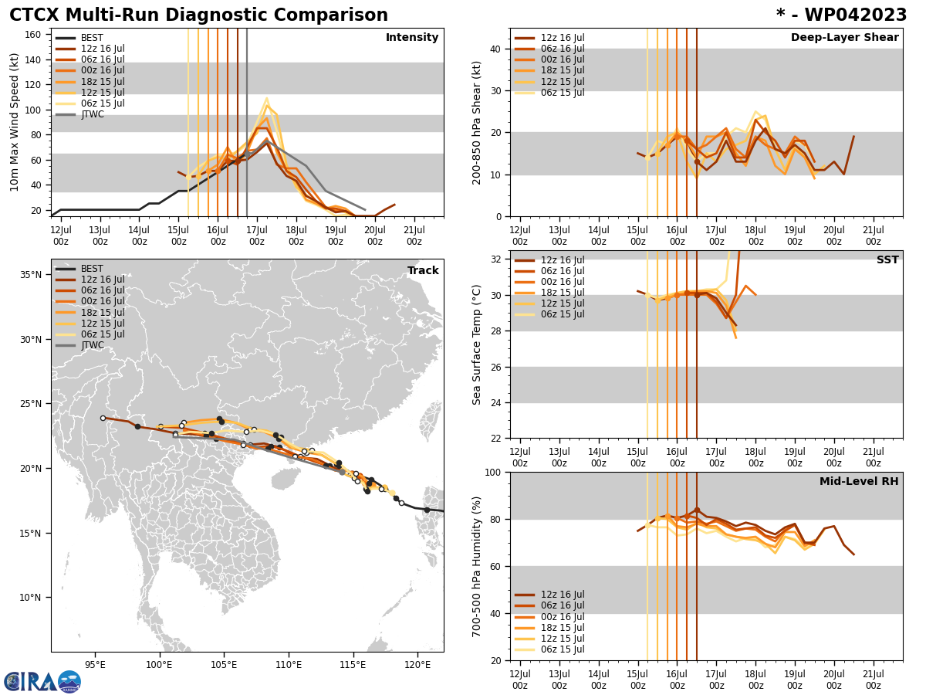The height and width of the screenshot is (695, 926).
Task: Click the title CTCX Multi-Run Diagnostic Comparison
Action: pos(198,15)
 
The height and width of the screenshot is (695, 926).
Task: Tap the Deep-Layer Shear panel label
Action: pos(844,38)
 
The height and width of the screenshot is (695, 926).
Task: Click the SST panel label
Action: pos(887,260)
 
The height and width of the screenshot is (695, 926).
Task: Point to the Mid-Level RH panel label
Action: pos(858,482)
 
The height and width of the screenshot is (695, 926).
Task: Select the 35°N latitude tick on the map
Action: pos(30,275)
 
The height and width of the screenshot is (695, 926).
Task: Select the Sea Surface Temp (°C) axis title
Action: pos(477,344)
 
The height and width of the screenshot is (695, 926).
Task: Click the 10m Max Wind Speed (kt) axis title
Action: pos(15,122)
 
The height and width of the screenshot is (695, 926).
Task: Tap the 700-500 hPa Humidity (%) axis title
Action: pos(477,566)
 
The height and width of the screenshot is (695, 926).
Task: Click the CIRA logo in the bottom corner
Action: pos(42,681)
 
